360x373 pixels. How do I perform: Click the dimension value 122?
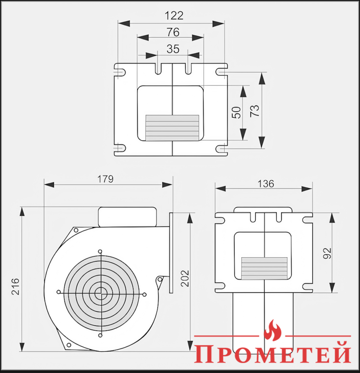[174, 16]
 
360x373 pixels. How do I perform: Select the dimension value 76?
[173, 32]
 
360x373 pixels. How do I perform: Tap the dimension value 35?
[173, 49]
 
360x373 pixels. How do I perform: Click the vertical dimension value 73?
[255, 111]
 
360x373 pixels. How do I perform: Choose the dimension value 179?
[105, 179]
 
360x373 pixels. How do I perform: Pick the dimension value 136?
[266, 183]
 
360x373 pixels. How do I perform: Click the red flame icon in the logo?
[272, 330]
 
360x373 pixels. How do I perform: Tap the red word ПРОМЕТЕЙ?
[273, 352]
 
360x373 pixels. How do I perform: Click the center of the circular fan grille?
[101, 293]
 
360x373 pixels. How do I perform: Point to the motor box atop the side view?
[127, 217]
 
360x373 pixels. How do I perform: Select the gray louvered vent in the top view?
[172, 128]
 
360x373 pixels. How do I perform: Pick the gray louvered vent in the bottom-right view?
[264, 268]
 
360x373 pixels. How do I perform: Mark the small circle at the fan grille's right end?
[144, 294]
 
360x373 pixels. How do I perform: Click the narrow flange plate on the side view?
[171, 253]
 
